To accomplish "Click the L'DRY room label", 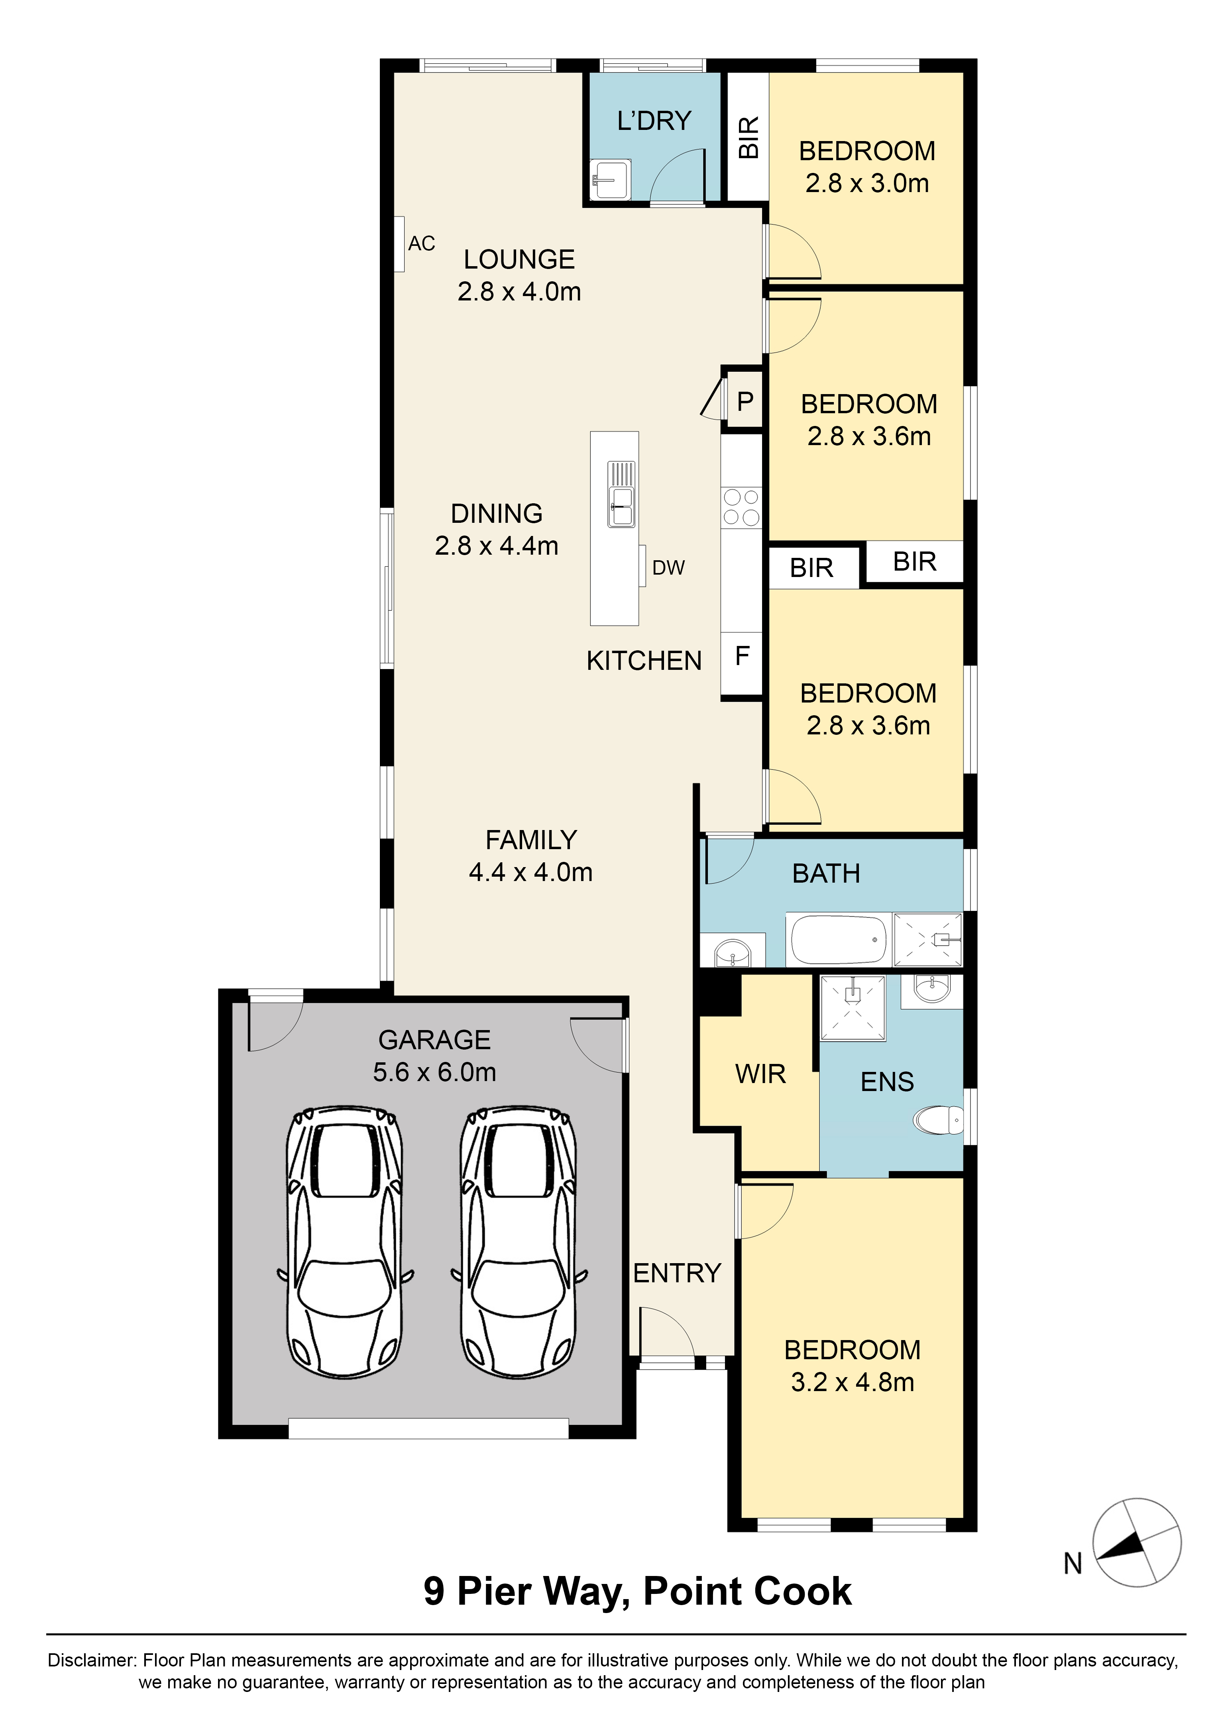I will tap(654, 121).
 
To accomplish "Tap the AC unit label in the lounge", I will tap(421, 243).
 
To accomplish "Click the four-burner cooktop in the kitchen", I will tap(741, 507).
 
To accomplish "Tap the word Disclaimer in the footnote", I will tap(92, 1660).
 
